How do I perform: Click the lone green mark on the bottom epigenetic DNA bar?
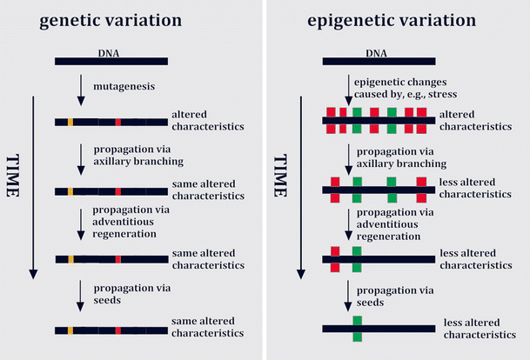(x=357, y=329)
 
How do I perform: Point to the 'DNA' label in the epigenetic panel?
(x=377, y=52)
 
